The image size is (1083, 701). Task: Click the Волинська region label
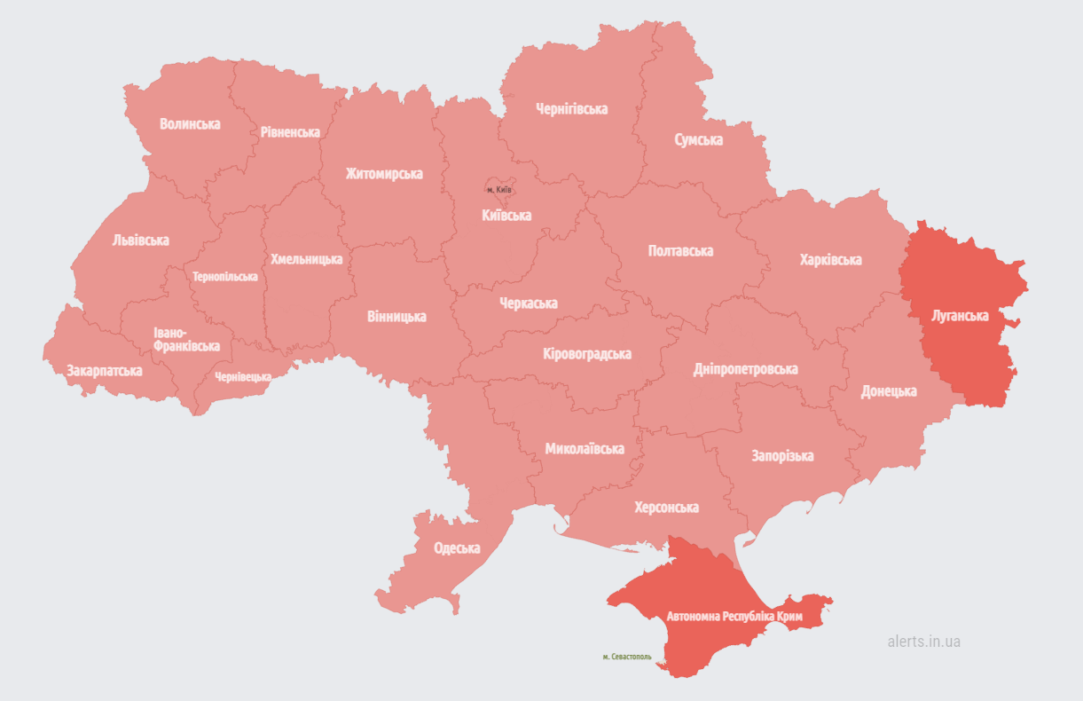pyautogui.click(x=190, y=124)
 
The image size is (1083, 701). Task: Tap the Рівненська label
pyautogui.click(x=290, y=132)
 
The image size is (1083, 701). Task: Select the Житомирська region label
pyautogui.click(x=384, y=174)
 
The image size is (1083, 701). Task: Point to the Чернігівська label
pyautogui.click(x=572, y=109)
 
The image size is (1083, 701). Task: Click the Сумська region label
pyautogui.click(x=698, y=140)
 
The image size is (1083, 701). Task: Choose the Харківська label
pyautogui.click(x=830, y=260)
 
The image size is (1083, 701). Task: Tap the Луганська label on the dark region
pyautogui.click(x=960, y=315)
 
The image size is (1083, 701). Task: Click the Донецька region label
pyautogui.click(x=889, y=391)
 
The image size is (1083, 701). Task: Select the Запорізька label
pyautogui.click(x=782, y=456)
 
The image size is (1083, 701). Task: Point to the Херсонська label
pyautogui.click(x=666, y=508)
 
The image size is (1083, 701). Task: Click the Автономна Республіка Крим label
pyautogui.click(x=734, y=616)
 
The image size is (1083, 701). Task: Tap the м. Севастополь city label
pyautogui.click(x=627, y=658)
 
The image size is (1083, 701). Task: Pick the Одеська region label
pyautogui.click(x=457, y=548)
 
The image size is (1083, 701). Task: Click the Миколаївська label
pyautogui.click(x=585, y=449)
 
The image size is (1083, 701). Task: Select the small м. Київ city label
pyautogui.click(x=499, y=190)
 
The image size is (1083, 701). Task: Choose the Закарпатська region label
pyautogui.click(x=104, y=371)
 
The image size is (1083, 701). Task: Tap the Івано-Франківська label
pyautogui.click(x=186, y=340)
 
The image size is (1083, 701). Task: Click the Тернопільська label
pyautogui.click(x=225, y=277)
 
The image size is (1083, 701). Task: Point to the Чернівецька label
pyautogui.click(x=243, y=377)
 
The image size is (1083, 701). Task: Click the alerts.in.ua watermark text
pyautogui.click(x=923, y=642)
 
